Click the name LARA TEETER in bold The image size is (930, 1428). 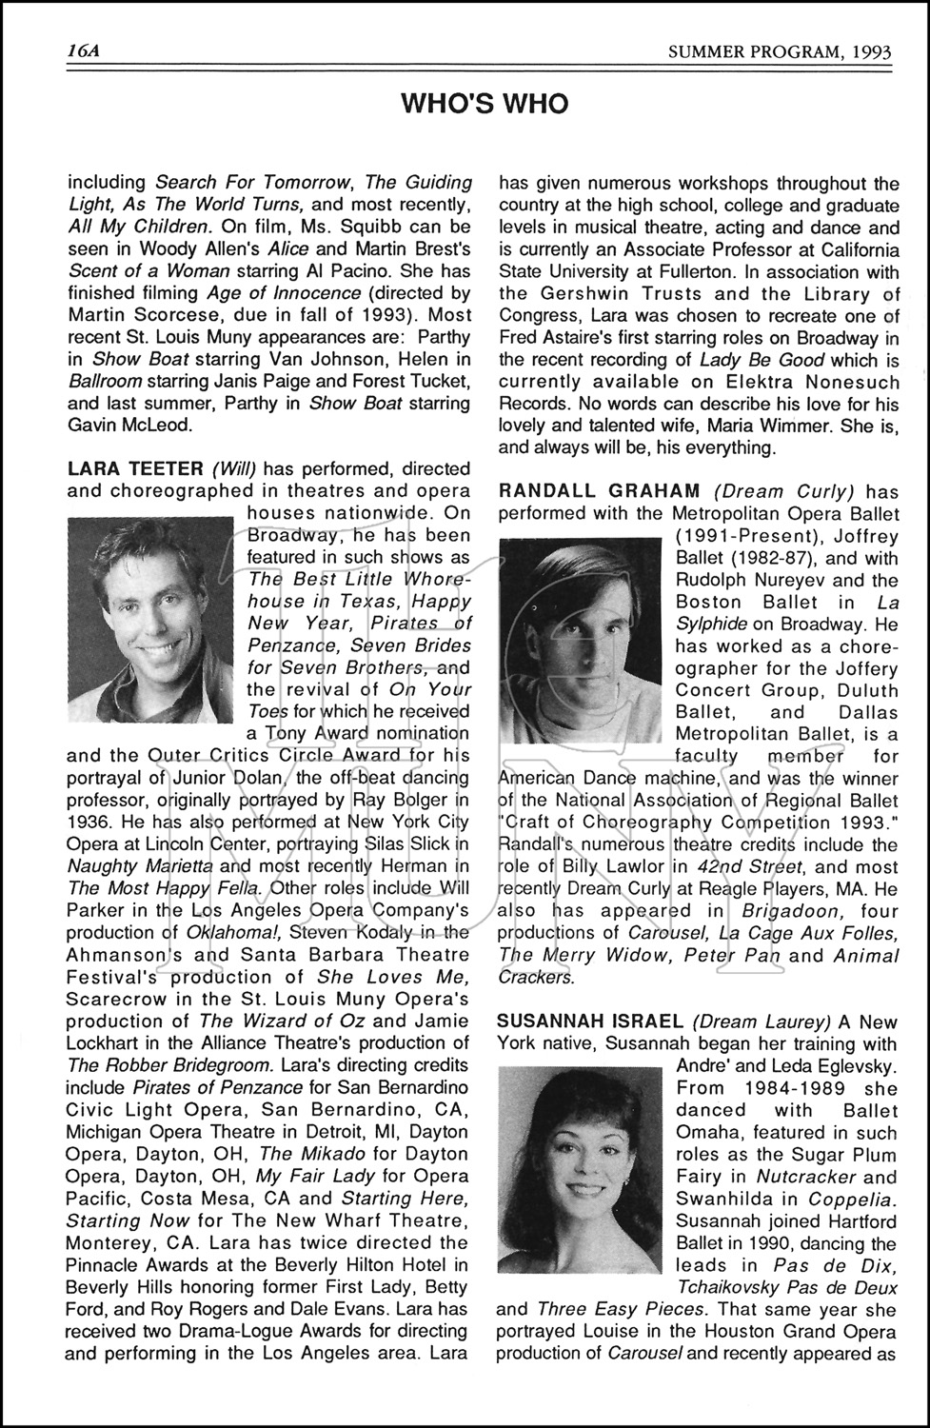tap(135, 468)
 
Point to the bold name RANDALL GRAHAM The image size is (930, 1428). tap(599, 490)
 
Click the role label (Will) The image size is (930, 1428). tap(233, 468)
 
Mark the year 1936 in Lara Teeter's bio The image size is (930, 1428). tap(89, 822)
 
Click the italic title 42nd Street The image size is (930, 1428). tap(751, 866)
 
